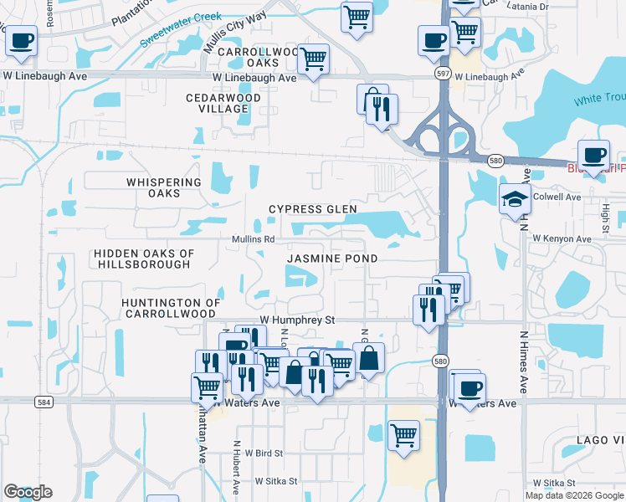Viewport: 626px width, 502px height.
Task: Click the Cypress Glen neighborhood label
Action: point(312,209)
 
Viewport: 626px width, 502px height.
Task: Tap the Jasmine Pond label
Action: point(331,259)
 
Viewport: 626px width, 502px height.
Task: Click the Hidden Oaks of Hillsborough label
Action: point(144,259)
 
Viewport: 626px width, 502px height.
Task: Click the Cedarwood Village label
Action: point(223,103)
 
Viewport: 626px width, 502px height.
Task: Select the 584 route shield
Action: point(44,402)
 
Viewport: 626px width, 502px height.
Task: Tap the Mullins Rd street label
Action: point(254,239)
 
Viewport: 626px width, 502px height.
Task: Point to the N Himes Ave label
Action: point(523,361)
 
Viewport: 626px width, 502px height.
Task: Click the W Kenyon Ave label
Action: point(562,238)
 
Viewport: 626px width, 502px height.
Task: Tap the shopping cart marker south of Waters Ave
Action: point(403,435)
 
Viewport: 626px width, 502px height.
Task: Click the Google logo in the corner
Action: point(28,492)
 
